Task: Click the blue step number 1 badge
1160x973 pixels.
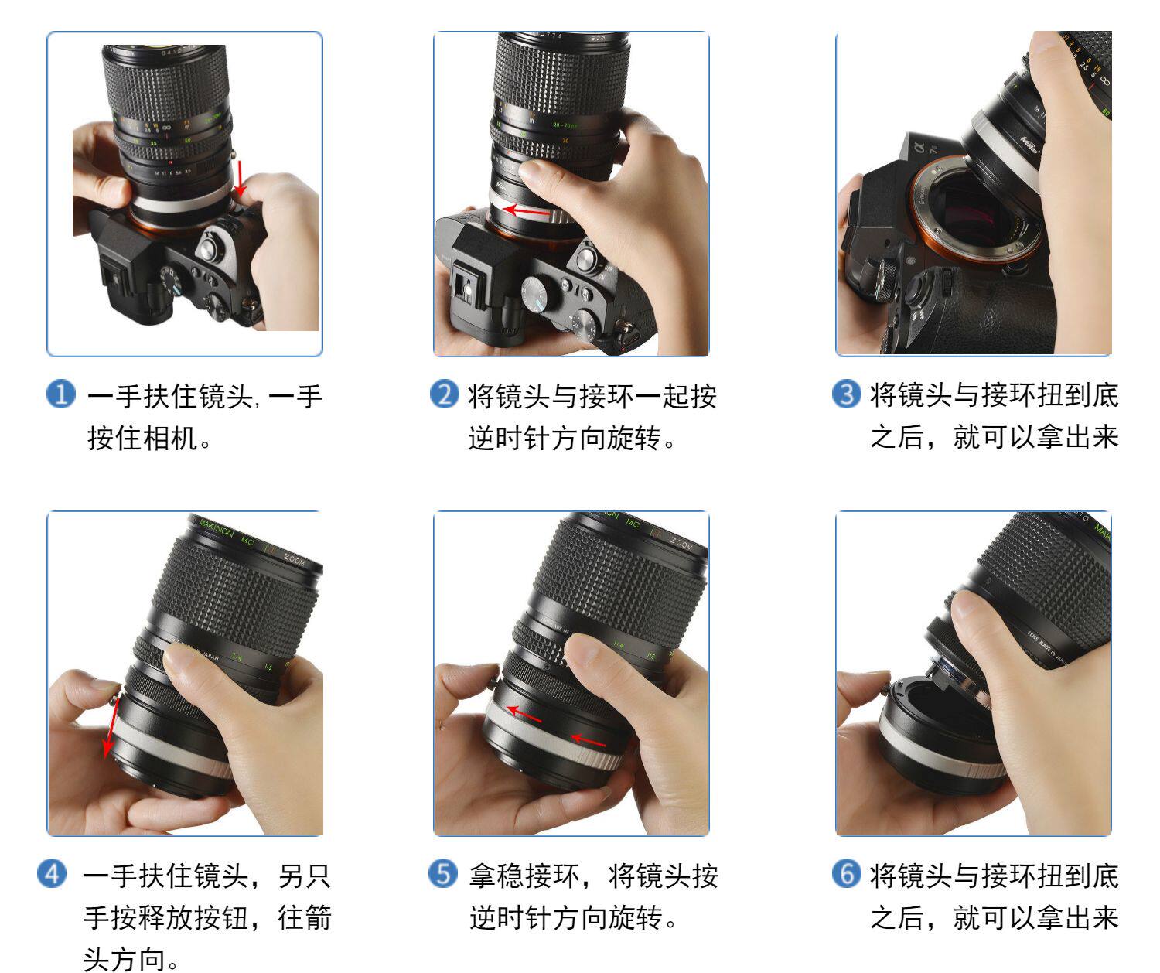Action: (x=61, y=394)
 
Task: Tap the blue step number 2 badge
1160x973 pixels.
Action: (x=445, y=394)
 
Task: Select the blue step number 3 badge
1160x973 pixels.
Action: (x=847, y=394)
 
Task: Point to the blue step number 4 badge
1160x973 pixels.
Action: (x=52, y=873)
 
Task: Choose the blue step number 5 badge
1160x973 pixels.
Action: (x=443, y=873)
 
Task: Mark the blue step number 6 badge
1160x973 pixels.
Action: (x=847, y=873)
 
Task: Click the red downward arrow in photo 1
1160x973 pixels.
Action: (x=240, y=178)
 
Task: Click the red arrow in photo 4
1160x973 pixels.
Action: (x=111, y=727)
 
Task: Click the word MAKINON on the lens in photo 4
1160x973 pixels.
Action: (x=217, y=530)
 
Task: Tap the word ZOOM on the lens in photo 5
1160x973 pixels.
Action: (x=681, y=543)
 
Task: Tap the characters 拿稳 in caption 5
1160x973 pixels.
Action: (x=496, y=876)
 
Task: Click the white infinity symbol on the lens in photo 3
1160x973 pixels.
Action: (x=1103, y=81)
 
